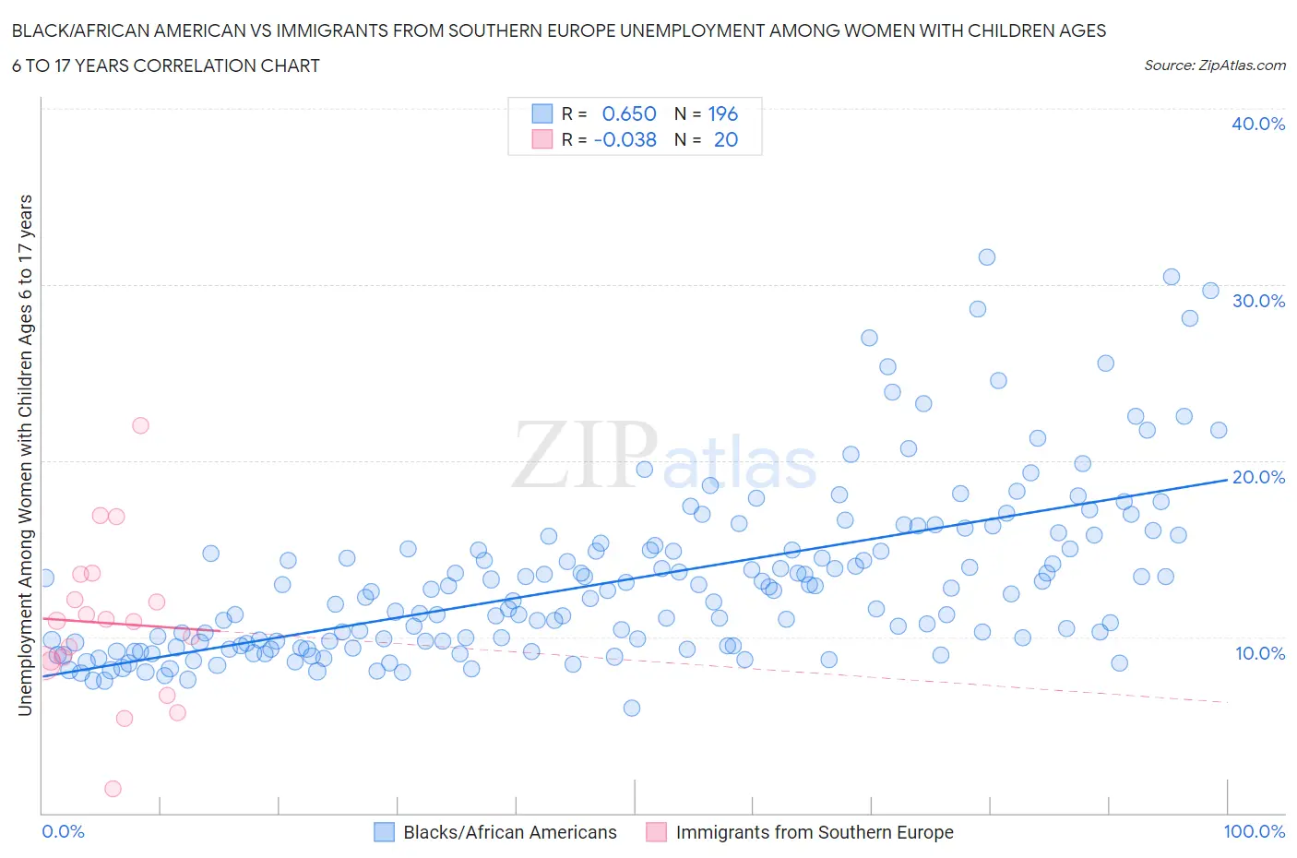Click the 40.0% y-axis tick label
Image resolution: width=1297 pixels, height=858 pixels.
1258,124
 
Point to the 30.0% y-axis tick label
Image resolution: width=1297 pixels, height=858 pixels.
1258,301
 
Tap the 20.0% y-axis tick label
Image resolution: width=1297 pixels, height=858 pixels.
1258,477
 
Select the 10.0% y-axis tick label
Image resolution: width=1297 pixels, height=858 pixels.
1260,653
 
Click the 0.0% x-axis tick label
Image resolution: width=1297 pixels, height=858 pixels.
63,831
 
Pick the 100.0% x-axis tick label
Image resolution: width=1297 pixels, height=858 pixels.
1254,831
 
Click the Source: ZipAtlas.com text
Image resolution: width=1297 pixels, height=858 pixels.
1214,65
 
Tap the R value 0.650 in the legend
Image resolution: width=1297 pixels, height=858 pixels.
628,113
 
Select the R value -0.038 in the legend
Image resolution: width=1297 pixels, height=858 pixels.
625,139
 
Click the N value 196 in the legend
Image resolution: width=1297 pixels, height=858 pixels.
722,113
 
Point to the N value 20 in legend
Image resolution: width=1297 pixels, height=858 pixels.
725,139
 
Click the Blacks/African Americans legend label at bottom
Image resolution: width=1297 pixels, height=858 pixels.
509,832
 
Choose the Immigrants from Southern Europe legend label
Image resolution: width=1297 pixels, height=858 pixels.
814,832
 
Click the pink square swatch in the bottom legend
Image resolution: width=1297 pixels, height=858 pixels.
656,832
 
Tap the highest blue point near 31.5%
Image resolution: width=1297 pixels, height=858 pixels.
986,257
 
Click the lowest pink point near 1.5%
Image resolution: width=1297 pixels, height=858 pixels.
113,789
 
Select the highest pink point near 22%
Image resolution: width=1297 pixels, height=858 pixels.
140,425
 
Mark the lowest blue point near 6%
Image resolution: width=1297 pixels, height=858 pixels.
632,709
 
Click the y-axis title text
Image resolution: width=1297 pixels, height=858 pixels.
25,455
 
